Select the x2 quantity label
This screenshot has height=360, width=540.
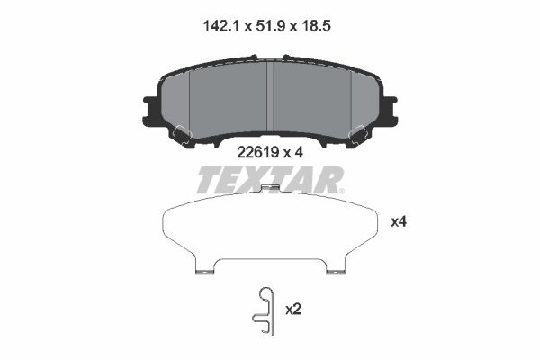click(292, 309)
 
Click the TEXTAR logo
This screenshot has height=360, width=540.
click(267, 180)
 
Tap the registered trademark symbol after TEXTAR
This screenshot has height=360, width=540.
click(341, 189)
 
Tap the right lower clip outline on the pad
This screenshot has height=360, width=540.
click(357, 135)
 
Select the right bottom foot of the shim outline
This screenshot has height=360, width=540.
click(335, 267)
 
